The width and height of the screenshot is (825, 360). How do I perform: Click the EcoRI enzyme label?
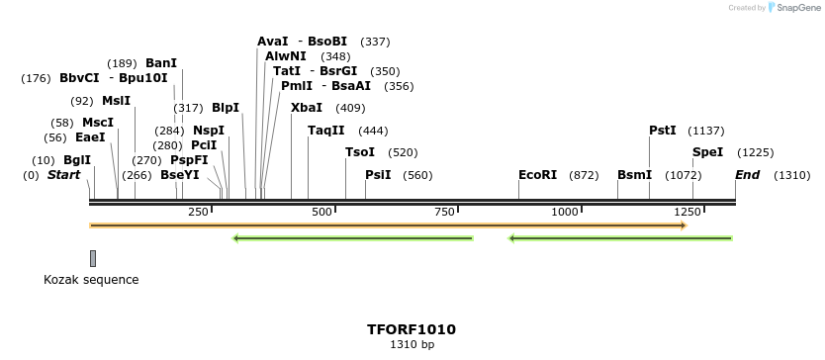[537, 175]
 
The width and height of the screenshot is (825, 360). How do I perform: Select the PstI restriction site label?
[662, 131]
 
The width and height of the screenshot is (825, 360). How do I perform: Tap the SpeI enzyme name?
[707, 152]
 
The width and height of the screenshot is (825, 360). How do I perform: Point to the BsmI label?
[634, 175]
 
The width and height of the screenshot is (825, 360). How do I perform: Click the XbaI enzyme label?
[306, 108]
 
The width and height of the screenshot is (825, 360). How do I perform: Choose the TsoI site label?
[359, 152]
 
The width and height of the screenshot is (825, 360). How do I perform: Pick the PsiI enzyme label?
[378, 175]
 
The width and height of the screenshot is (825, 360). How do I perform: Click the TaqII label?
[325, 131]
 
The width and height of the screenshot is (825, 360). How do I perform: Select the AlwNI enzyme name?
[286, 56]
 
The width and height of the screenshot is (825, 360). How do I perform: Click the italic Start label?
[63, 175]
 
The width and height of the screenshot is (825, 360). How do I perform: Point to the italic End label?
[747, 175]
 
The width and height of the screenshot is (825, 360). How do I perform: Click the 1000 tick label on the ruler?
[565, 212]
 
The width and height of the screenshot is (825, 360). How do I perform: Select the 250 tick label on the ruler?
[198, 212]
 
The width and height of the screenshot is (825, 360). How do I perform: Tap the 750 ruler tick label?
[444, 212]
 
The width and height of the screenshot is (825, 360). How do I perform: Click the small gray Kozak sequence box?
[93, 258]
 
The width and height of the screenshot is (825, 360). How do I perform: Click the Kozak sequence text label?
[91, 280]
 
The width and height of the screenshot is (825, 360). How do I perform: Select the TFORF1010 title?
[412, 329]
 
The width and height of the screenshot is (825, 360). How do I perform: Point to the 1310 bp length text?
[412, 345]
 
